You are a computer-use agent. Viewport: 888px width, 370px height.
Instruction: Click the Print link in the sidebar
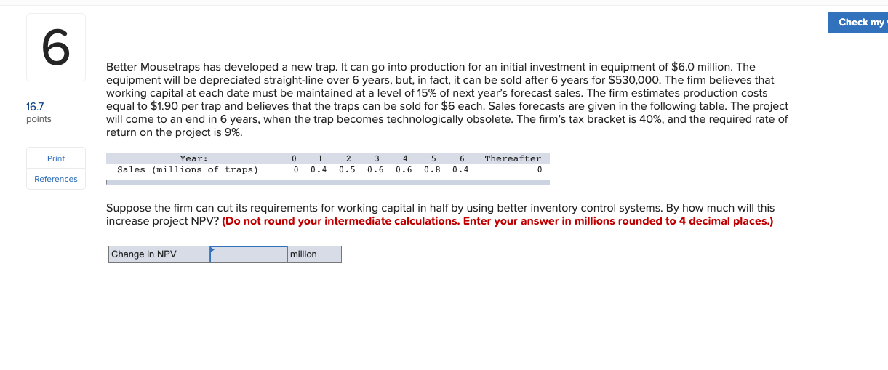(x=56, y=158)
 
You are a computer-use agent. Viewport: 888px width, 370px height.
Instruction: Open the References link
(x=56, y=179)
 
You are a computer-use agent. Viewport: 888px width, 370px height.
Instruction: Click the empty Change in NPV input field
(x=249, y=254)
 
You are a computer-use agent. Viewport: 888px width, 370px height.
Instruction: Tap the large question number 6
(x=56, y=47)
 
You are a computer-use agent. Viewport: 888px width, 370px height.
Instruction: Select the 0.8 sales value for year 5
(x=432, y=170)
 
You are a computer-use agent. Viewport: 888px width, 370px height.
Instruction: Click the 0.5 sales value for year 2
(x=347, y=170)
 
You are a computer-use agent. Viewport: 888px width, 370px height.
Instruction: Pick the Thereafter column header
(x=513, y=159)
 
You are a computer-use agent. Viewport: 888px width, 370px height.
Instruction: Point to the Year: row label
(x=194, y=159)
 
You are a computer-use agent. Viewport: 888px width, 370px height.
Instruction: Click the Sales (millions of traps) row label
(x=188, y=170)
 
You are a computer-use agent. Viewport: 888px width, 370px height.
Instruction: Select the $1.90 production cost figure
(x=164, y=106)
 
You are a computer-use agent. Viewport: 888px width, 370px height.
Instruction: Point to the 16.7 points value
(x=35, y=107)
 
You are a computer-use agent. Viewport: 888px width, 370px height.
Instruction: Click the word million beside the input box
(x=303, y=254)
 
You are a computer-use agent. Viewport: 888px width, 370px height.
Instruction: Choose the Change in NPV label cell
(x=159, y=254)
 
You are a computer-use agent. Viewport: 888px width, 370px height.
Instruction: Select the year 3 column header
(x=377, y=159)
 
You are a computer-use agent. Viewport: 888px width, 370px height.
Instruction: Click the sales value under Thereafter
(x=540, y=170)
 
